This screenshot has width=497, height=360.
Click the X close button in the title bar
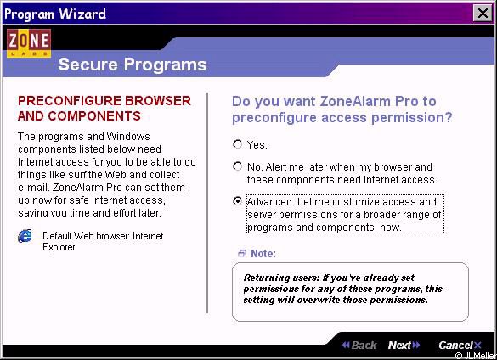(483, 14)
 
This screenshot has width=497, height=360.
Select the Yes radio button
(237, 144)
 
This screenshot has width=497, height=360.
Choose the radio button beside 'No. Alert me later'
(237, 166)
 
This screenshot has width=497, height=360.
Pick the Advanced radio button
(237, 201)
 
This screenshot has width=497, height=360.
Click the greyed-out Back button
(359, 345)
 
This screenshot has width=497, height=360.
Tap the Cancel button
(460, 345)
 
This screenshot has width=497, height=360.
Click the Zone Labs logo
(29, 43)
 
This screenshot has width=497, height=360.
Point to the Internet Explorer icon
(25, 236)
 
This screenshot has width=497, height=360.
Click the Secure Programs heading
(133, 65)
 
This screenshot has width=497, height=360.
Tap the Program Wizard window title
(55, 14)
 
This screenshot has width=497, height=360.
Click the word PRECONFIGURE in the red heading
(69, 101)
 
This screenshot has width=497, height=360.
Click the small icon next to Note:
(242, 253)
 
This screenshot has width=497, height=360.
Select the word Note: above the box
(263, 254)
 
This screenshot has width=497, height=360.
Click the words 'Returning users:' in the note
(281, 278)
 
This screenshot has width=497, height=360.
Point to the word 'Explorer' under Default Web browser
(59, 247)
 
